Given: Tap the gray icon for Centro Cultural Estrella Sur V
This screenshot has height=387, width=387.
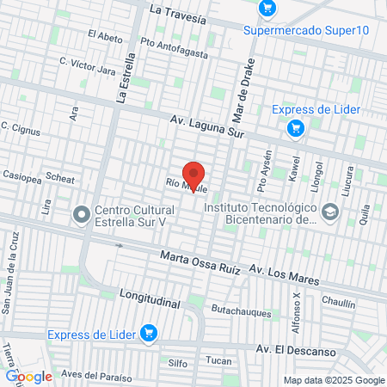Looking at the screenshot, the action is (83, 213).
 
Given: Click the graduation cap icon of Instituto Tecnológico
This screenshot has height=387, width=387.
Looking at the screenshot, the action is (329, 212).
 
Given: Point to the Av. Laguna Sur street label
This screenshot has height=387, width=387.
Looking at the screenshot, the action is (208, 126).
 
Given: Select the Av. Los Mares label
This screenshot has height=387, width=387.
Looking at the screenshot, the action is (284, 275).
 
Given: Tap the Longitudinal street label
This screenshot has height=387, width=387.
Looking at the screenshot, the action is (150, 298).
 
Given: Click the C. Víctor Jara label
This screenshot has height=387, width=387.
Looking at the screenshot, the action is (87, 64).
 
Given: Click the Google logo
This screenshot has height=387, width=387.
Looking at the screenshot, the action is (28, 376).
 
